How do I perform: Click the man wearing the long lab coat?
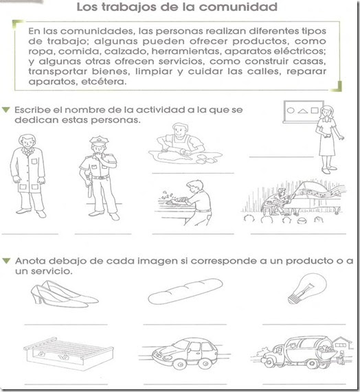pos(27,178)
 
